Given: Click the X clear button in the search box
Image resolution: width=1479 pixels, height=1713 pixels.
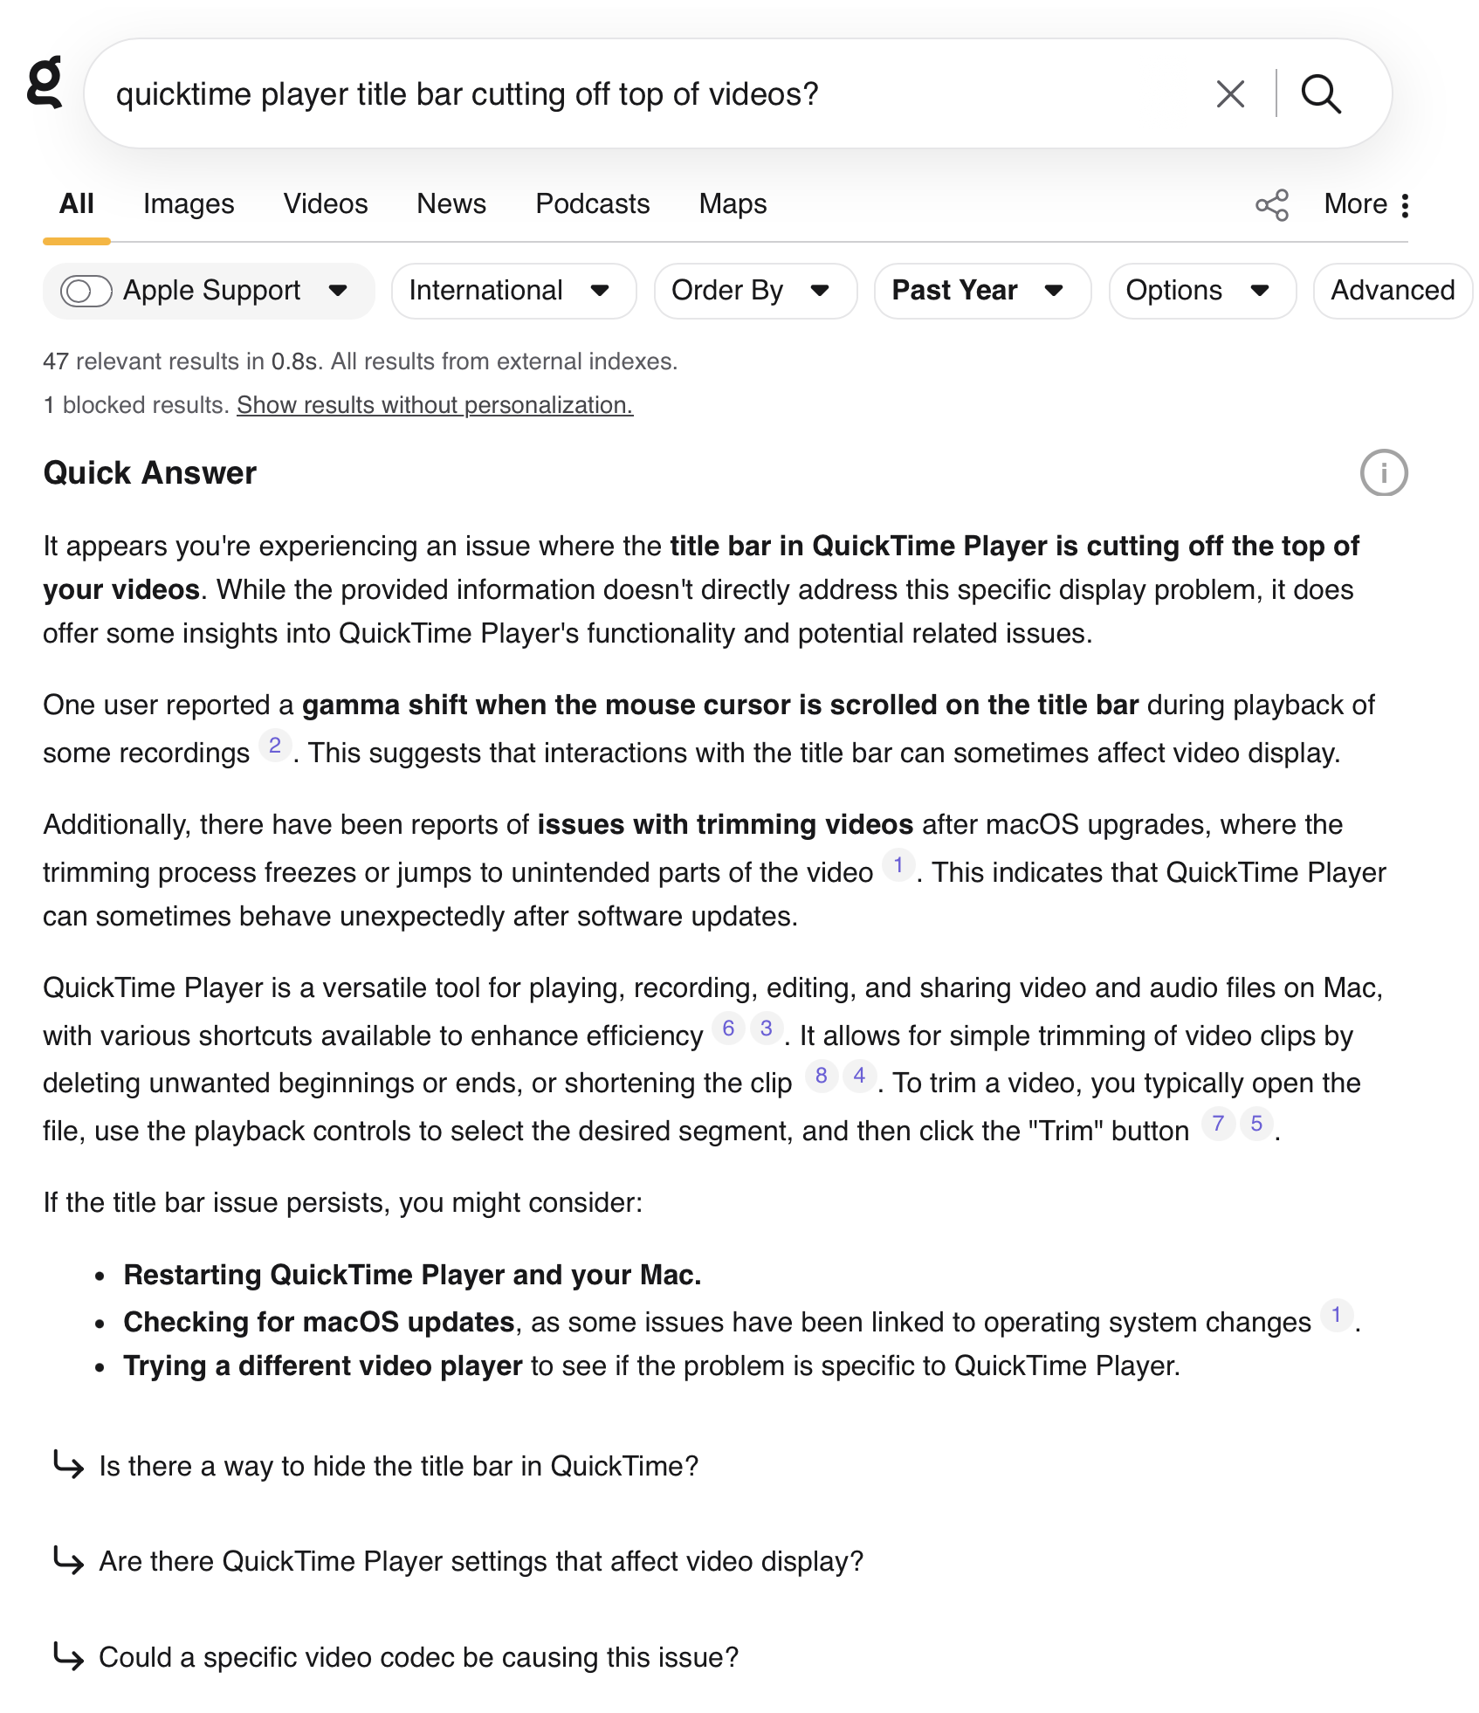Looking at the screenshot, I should [x=1229, y=93].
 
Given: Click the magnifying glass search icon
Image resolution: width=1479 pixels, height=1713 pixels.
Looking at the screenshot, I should [x=1320, y=93].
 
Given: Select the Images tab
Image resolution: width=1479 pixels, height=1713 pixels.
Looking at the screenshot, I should [x=189, y=203].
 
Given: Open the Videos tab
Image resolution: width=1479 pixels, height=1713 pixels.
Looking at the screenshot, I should [x=325, y=203].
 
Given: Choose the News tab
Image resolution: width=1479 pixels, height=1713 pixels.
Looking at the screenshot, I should [x=451, y=203].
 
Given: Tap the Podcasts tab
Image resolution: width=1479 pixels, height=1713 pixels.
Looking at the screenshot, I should [x=592, y=203].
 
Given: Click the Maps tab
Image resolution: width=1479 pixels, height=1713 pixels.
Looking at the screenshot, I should [x=733, y=203].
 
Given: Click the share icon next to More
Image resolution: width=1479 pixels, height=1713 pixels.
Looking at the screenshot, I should [x=1271, y=205].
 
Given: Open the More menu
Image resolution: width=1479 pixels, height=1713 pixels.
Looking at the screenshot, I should [x=1365, y=204].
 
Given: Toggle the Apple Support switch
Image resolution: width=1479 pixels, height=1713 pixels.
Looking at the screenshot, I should [x=86, y=291].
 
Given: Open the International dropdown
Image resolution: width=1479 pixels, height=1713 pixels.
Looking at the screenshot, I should [x=512, y=291].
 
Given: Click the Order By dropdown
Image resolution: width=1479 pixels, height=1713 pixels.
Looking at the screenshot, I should [x=754, y=291].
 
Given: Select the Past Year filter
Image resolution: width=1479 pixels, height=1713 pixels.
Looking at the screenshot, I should [x=981, y=291].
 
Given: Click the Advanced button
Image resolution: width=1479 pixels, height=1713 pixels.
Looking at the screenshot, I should [x=1392, y=291].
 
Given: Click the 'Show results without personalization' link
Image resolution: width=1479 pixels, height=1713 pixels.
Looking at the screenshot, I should [x=434, y=405].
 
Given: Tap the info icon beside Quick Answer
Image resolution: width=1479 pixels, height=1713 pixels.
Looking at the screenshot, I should [x=1383, y=473].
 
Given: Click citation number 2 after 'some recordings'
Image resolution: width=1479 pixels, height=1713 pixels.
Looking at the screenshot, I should [x=275, y=746].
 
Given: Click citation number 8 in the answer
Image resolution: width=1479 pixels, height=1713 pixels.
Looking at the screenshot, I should [x=821, y=1076].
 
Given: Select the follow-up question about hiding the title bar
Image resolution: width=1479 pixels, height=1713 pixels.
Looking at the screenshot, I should [x=398, y=1466].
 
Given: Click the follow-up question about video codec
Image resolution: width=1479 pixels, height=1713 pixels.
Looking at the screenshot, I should [x=418, y=1657].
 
